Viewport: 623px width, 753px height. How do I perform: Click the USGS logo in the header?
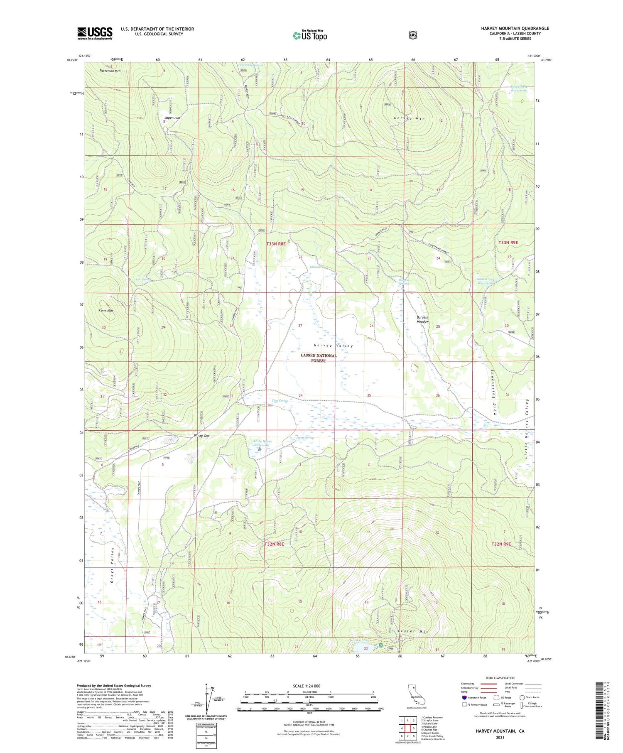click(95, 33)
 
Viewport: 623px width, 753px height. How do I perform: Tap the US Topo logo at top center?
click(309, 36)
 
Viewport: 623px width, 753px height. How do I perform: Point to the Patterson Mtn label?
click(110, 71)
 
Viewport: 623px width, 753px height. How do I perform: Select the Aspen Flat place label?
click(172, 118)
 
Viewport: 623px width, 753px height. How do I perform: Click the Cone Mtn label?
click(106, 311)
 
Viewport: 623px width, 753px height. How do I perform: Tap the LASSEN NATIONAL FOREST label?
click(319, 358)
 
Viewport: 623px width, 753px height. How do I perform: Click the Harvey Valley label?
click(333, 346)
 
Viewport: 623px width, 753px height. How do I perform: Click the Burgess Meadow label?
click(422, 320)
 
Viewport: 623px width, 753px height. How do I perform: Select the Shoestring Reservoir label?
click(486, 281)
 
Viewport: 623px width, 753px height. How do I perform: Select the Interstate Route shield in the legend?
click(464, 697)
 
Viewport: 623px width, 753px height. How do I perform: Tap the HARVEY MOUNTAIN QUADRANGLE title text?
click(515, 28)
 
